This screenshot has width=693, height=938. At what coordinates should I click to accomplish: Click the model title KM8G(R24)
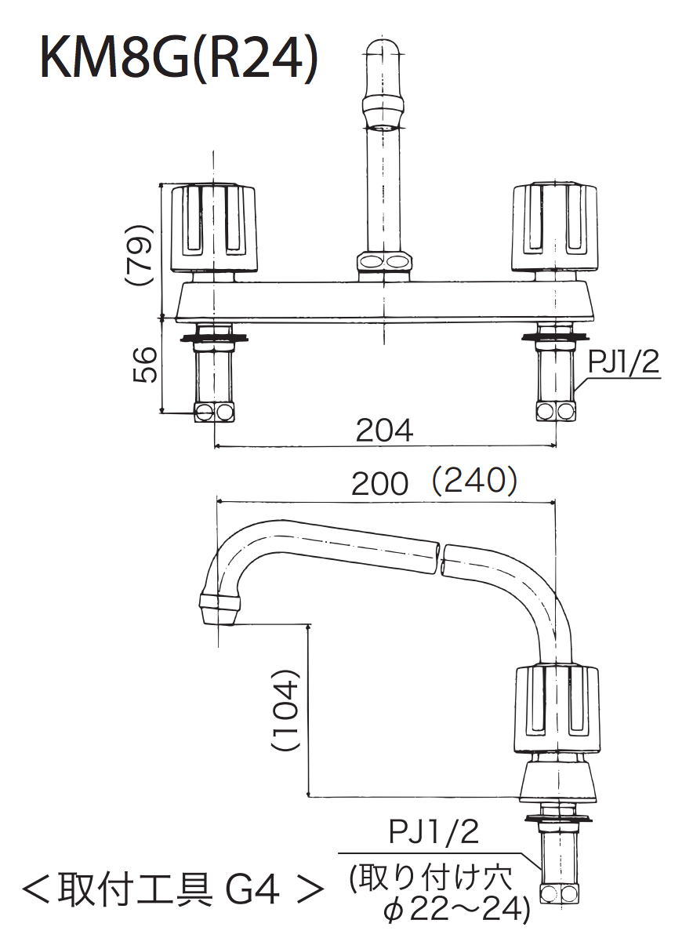178,59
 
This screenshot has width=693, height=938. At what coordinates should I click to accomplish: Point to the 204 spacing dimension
384,430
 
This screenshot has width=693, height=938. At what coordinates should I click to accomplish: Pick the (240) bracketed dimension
474,480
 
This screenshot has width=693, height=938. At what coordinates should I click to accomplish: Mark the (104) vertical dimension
285,709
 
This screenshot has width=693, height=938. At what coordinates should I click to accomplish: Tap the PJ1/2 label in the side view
434,831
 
